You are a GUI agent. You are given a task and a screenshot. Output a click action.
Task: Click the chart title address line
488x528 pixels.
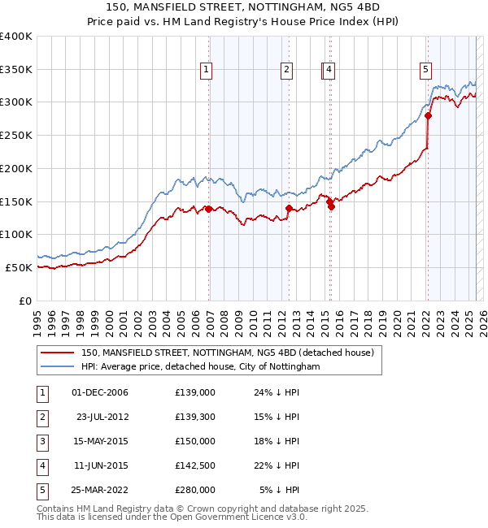[x=243, y=9]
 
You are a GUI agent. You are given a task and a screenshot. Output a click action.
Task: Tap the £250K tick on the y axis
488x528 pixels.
[x=16, y=136]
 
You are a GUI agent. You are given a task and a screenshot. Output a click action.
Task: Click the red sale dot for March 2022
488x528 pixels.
[x=428, y=116]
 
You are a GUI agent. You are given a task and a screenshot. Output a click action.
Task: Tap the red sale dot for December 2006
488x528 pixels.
[x=209, y=209]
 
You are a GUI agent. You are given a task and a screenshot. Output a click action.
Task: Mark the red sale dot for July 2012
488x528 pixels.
[x=289, y=209]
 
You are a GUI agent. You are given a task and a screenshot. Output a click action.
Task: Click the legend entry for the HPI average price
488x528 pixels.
[x=200, y=367]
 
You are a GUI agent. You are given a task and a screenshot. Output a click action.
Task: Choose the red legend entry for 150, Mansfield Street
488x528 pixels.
[x=227, y=353]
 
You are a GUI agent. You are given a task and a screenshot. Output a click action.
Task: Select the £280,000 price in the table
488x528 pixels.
[x=195, y=490]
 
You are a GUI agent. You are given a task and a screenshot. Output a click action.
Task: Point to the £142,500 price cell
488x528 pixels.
[x=195, y=465]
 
